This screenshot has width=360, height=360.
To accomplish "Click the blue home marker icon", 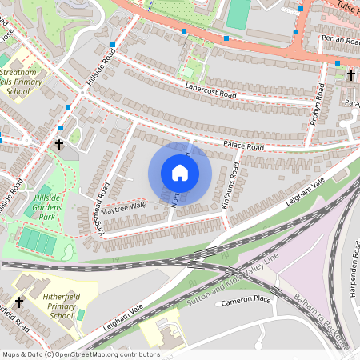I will (x=180, y=173).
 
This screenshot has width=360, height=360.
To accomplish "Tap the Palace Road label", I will (x=243, y=147).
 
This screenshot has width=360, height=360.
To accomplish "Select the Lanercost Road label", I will (x=211, y=94).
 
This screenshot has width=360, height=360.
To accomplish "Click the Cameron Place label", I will (x=246, y=302).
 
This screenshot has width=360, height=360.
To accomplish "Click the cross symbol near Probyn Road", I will (x=350, y=75).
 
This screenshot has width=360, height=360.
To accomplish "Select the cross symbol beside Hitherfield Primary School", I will (x=19, y=302).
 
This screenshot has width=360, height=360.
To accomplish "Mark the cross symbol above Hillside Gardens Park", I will (x=59, y=145).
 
